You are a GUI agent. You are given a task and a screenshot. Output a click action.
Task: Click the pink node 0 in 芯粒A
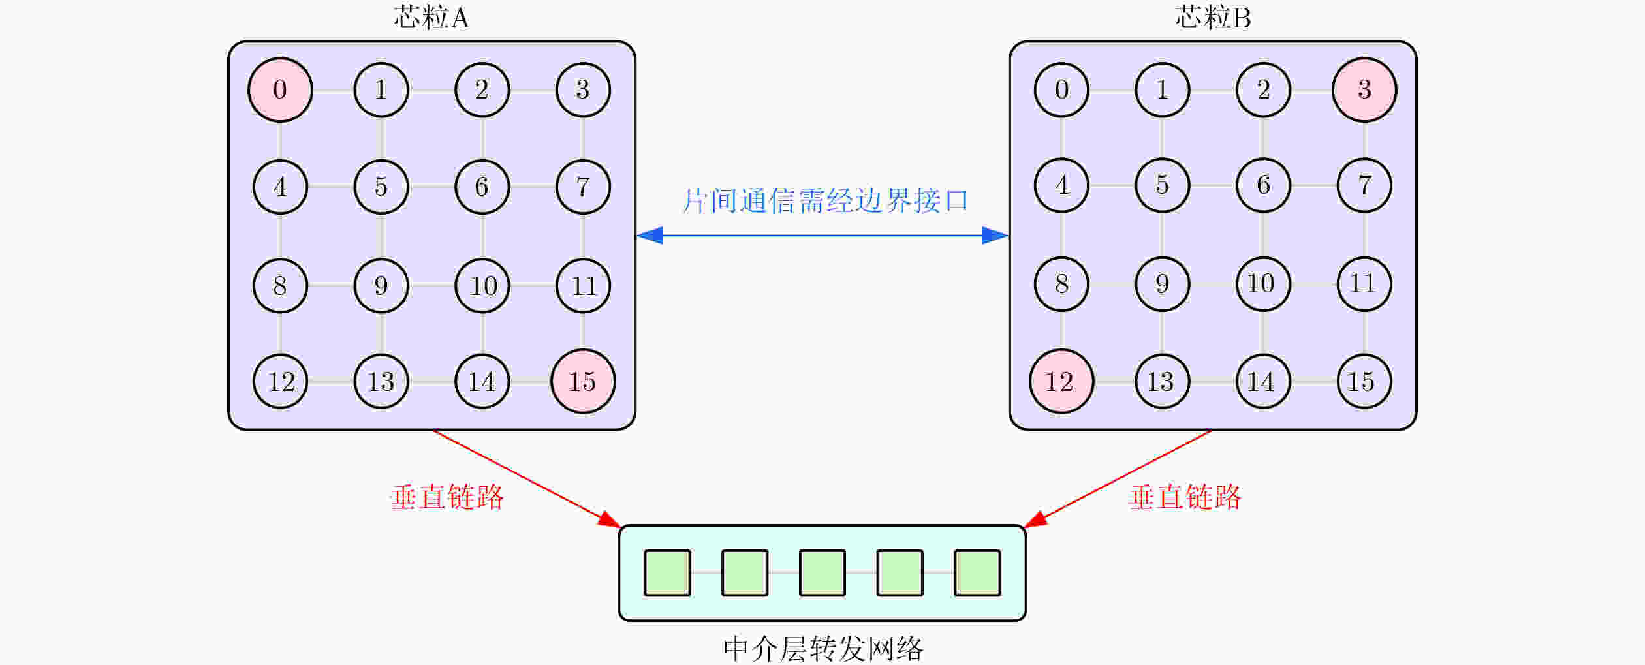click(x=280, y=89)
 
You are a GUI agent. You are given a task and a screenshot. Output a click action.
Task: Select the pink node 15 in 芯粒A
click(x=583, y=381)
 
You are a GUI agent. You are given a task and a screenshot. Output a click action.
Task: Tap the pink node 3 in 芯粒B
click(x=1364, y=89)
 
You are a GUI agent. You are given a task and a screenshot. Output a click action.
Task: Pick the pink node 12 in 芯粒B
click(x=1061, y=381)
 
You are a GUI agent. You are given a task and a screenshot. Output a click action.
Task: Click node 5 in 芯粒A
click(x=381, y=187)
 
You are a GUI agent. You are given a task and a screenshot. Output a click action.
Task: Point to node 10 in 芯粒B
click(x=1263, y=284)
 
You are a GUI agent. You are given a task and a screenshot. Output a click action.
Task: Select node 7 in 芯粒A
click(x=583, y=187)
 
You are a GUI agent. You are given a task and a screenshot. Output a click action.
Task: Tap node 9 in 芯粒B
click(x=1162, y=284)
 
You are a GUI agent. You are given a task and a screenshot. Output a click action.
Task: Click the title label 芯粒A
click(x=431, y=18)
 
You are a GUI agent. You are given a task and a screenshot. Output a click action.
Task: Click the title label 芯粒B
click(x=1213, y=18)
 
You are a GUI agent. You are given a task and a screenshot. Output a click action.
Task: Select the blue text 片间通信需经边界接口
click(x=825, y=200)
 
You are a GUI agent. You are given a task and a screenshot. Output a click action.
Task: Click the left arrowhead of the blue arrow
click(x=650, y=235)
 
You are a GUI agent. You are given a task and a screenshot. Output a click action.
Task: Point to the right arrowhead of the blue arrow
click(x=995, y=235)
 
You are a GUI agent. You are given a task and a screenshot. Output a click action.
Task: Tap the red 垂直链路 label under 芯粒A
click(x=447, y=497)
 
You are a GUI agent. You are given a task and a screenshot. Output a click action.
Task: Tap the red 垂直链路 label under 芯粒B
click(x=1185, y=497)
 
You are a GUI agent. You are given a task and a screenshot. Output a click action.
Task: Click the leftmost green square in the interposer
click(x=667, y=573)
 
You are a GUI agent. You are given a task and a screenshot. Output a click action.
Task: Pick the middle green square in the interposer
click(x=822, y=573)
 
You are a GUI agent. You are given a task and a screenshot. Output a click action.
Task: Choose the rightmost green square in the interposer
click(x=977, y=573)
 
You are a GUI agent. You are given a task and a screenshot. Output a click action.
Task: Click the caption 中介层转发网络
click(x=823, y=649)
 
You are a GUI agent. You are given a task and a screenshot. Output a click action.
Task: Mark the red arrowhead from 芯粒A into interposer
click(x=610, y=519)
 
